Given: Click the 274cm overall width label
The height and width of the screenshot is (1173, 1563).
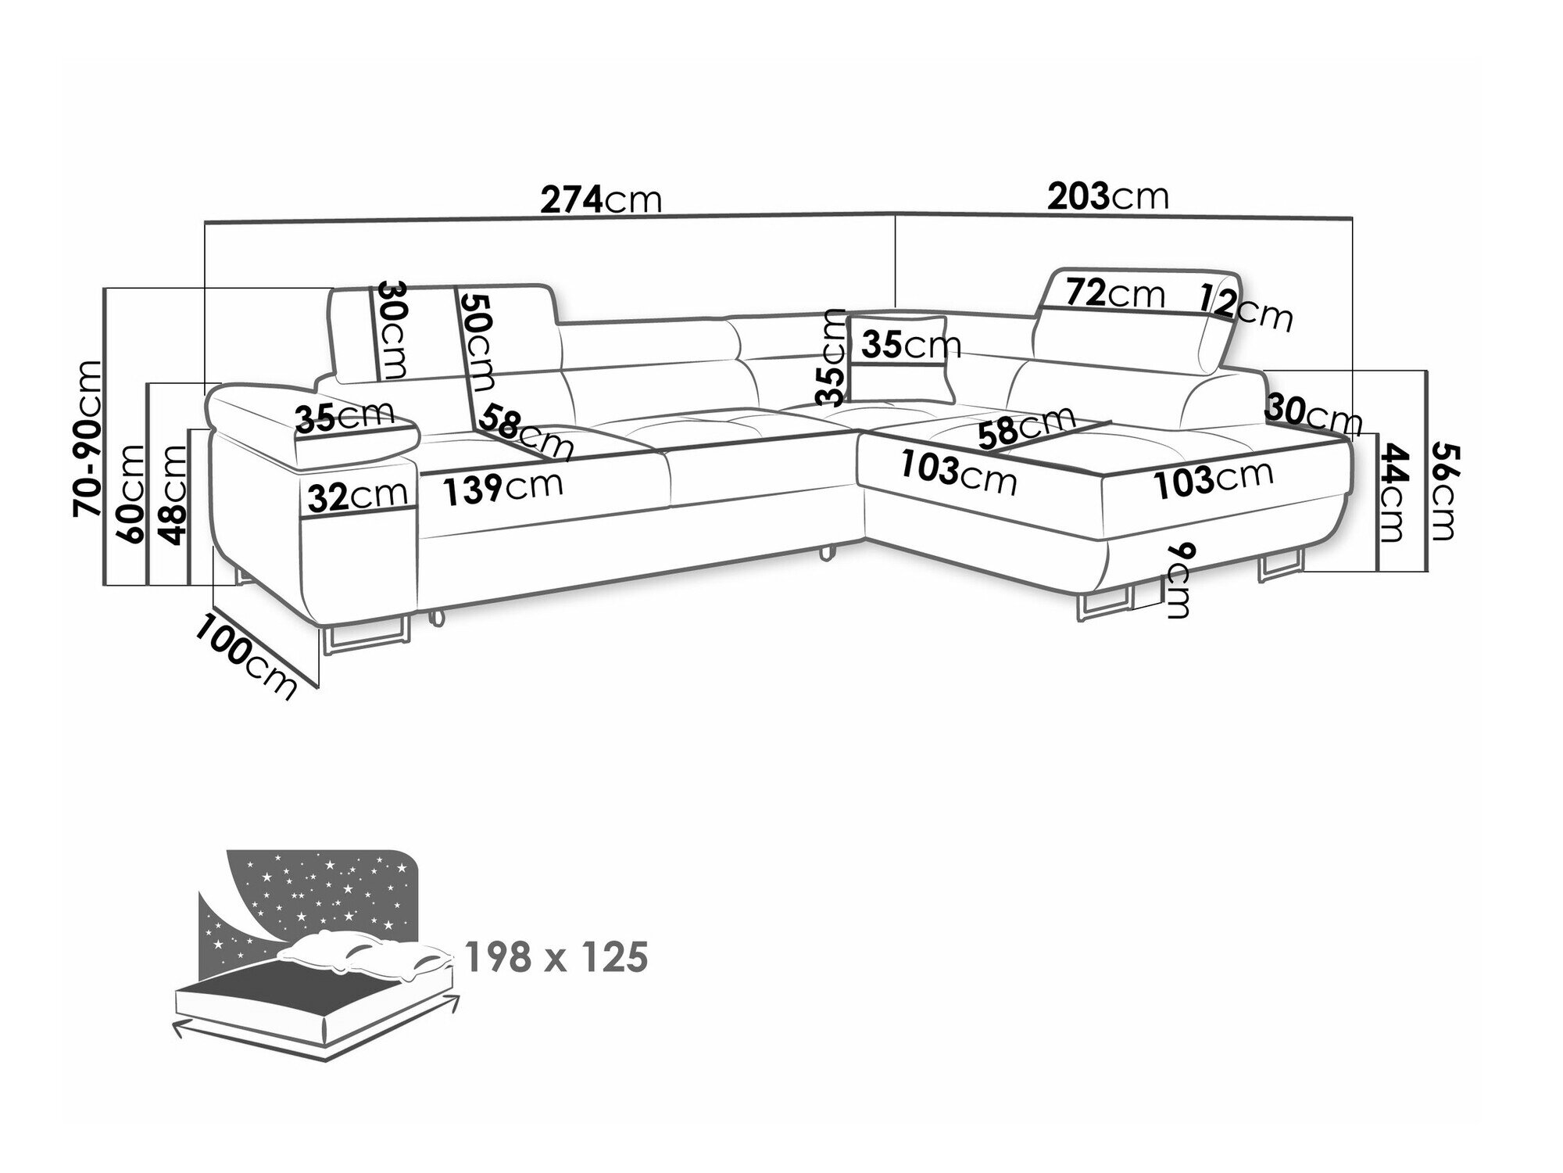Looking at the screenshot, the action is pos(602,199).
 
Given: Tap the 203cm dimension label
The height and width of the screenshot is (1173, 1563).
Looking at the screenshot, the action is pos(1108,196).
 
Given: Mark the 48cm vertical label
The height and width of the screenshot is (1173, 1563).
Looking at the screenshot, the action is pos(173,493).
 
